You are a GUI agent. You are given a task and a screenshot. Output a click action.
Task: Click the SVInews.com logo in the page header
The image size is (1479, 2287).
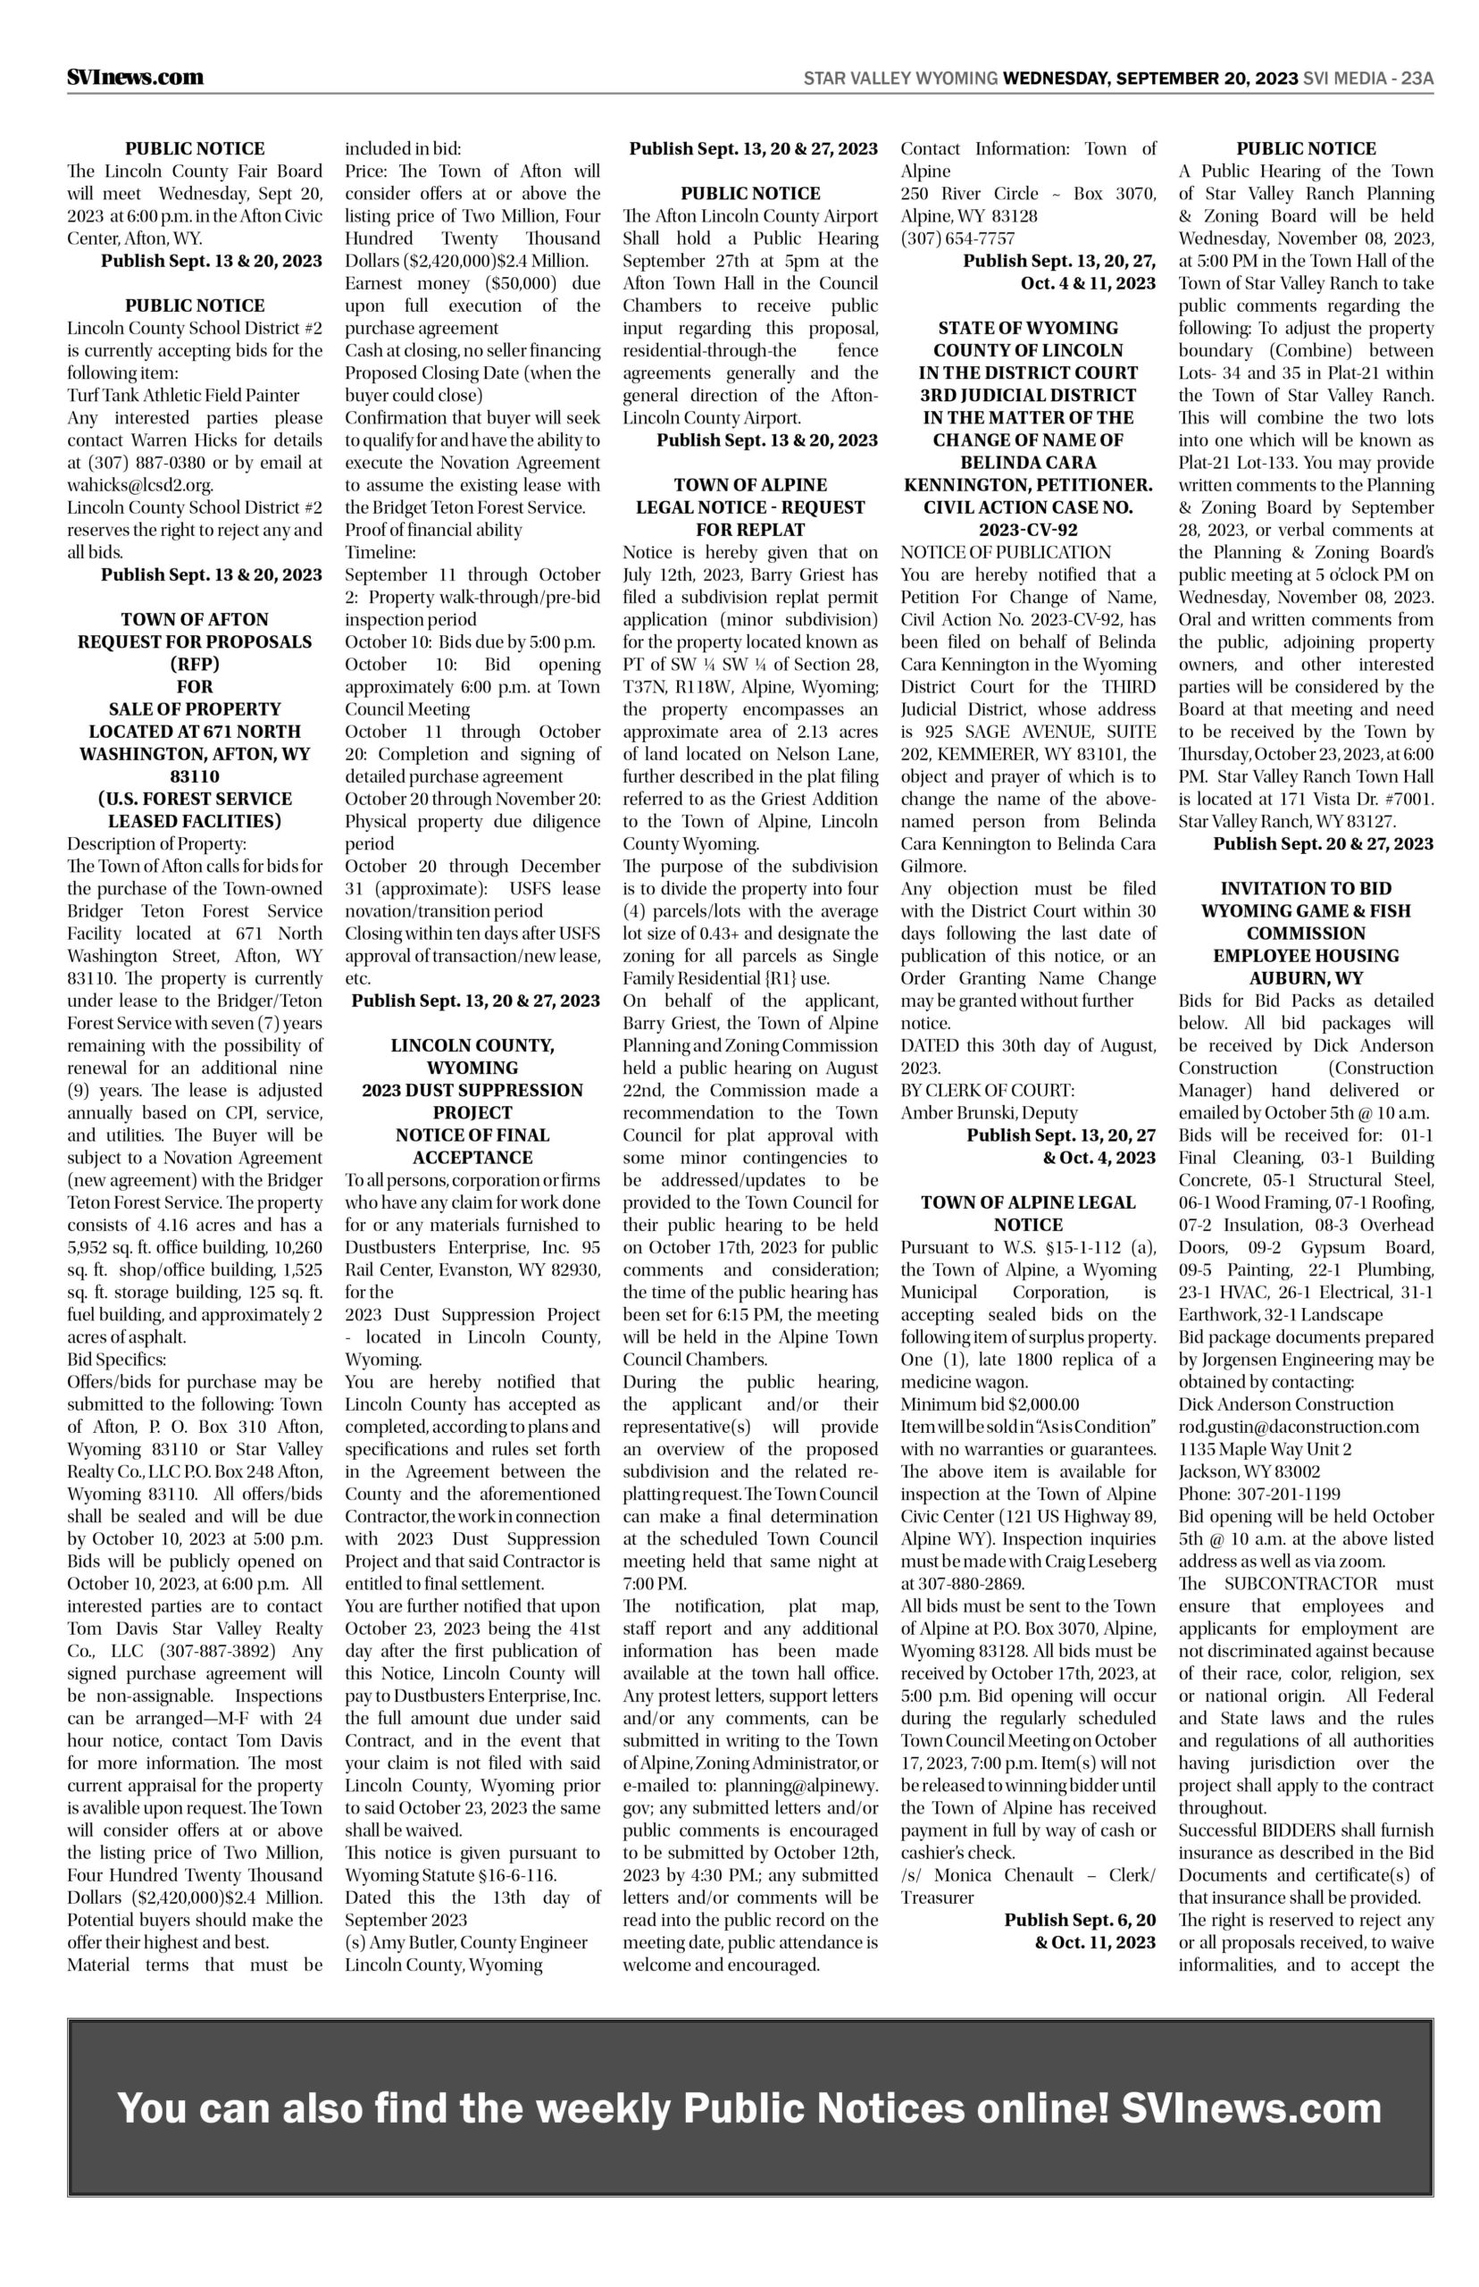(x=136, y=78)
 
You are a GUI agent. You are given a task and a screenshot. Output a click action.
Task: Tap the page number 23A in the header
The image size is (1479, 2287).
(x=1416, y=79)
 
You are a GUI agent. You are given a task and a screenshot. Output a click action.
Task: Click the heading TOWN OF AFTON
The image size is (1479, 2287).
(x=195, y=619)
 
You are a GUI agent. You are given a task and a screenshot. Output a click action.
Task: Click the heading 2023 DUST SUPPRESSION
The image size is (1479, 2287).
(x=472, y=1090)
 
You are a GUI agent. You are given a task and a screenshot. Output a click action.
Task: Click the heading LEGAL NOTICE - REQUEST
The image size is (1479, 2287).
(x=750, y=507)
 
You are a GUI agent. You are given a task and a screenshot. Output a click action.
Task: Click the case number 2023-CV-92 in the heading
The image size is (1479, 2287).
(x=1028, y=530)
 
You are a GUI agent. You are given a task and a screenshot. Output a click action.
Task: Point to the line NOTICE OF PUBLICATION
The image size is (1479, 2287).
(x=1006, y=552)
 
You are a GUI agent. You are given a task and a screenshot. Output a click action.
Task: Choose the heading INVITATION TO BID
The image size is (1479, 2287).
(x=1305, y=889)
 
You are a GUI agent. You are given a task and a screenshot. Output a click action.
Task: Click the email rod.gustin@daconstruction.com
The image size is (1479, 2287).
(x=1299, y=1428)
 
